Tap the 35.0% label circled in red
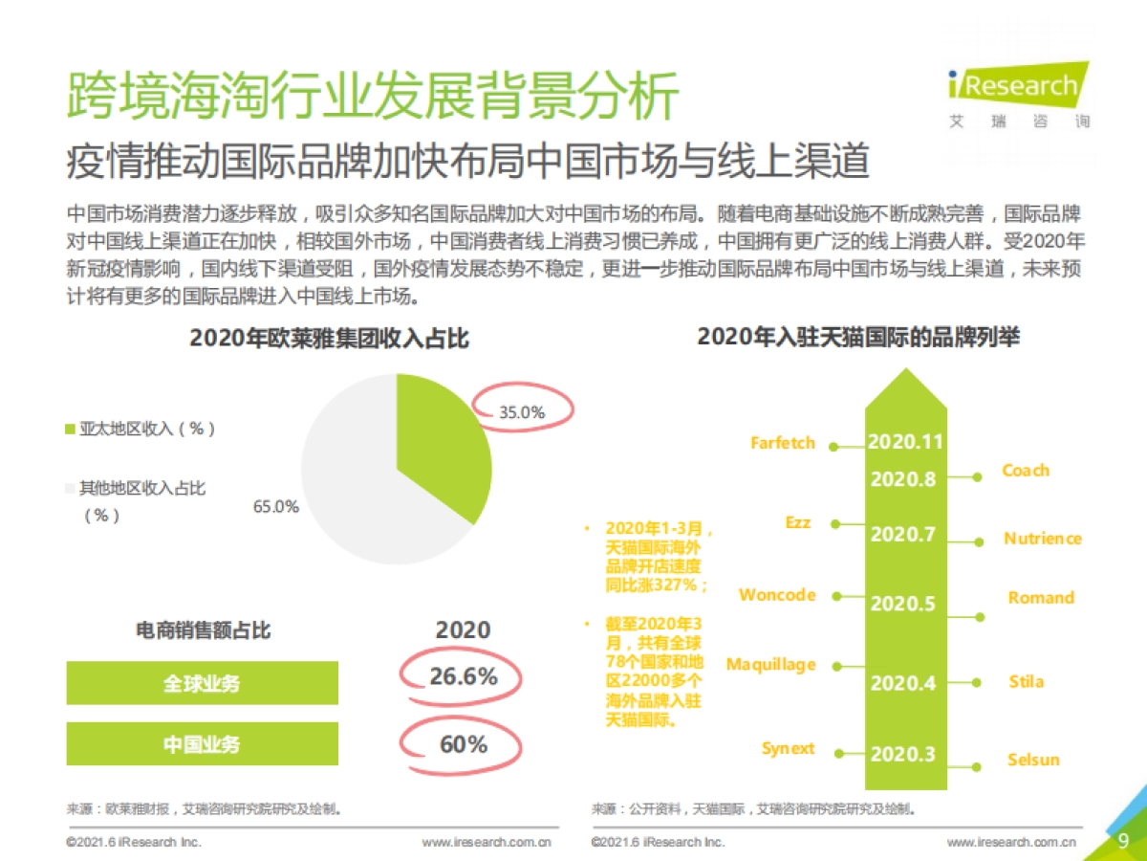522,412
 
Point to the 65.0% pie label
275,506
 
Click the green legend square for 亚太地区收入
70,430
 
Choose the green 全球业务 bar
202,683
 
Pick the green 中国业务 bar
202,743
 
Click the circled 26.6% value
464,676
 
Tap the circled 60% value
464,743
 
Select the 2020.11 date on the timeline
905,442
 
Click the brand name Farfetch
783,443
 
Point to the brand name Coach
1026,471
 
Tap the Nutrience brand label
1043,539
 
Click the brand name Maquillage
771,664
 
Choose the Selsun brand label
1033,760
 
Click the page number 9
1123,840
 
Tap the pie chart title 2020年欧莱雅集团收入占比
329,339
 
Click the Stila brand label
1027,682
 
